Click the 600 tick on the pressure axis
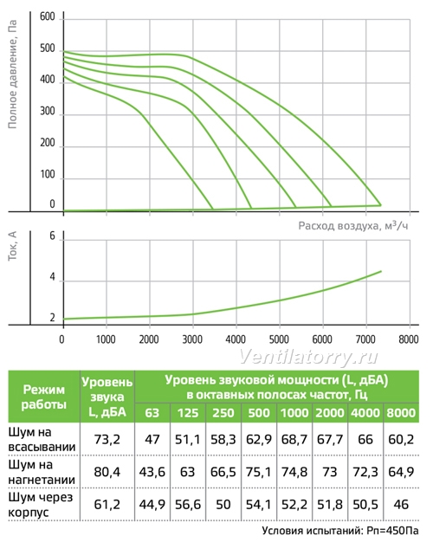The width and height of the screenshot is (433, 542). tap(48, 17)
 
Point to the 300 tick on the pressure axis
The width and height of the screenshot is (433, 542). tap(48, 112)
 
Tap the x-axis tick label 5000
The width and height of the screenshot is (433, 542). tap(279, 339)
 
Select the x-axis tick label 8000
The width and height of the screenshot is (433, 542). tap(409, 339)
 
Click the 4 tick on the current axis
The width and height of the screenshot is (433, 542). tap(52, 277)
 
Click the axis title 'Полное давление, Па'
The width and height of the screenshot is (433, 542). tap(12, 74)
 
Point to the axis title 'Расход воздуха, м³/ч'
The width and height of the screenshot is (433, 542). tap(353, 225)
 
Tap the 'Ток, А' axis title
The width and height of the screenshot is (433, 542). tap(12, 246)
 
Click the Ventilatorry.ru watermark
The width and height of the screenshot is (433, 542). tap(308, 357)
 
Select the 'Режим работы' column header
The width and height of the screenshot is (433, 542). tap(43, 397)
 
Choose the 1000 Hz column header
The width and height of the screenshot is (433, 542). tap(294, 413)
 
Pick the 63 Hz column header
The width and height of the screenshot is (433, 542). tap(152, 413)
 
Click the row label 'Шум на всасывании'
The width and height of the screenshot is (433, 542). tap(42, 439)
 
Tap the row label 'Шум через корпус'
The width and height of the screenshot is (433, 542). tap(41, 504)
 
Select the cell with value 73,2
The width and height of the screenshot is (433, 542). tap(107, 439)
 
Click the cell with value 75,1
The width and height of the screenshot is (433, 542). tap(258, 472)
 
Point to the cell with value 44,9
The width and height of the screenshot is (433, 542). tap(152, 505)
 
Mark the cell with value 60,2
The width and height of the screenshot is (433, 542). tap(401, 439)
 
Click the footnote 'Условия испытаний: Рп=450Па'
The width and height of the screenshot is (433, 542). tap(340, 531)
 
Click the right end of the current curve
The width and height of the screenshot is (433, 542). tap(381, 271)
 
